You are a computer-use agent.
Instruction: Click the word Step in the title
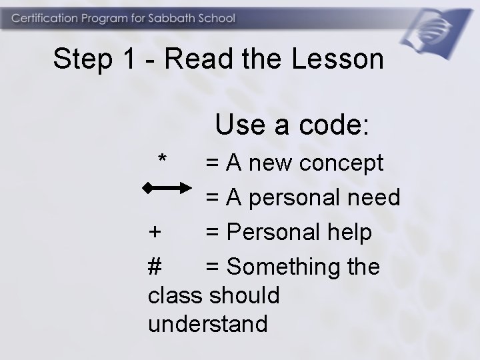click(x=82, y=59)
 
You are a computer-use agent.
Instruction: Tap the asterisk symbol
click(x=162, y=160)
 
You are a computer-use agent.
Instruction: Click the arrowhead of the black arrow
click(x=189, y=189)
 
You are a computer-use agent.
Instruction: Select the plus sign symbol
click(x=155, y=233)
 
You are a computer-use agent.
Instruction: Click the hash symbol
click(x=155, y=267)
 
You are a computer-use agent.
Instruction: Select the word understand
click(x=207, y=324)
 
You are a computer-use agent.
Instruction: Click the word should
click(x=244, y=295)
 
